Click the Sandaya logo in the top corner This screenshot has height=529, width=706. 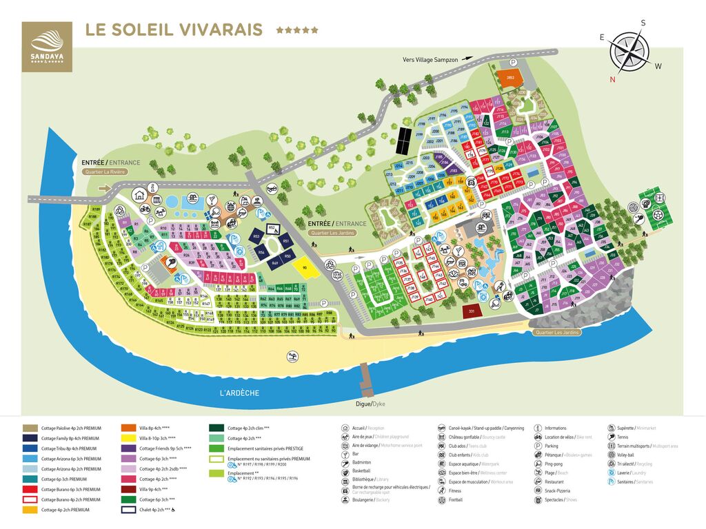(46, 46)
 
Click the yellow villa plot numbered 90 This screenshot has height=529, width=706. (301, 267)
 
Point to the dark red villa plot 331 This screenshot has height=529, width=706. (472, 311)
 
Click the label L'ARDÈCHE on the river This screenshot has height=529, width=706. (240, 393)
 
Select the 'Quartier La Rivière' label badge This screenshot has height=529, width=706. (105, 172)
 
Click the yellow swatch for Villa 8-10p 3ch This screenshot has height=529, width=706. (128, 437)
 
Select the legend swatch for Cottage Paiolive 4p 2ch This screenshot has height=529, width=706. (30, 428)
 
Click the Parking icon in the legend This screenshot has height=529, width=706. (538, 446)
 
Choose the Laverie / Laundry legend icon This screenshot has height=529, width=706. (611, 472)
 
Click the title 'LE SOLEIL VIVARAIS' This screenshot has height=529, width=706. (173, 30)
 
